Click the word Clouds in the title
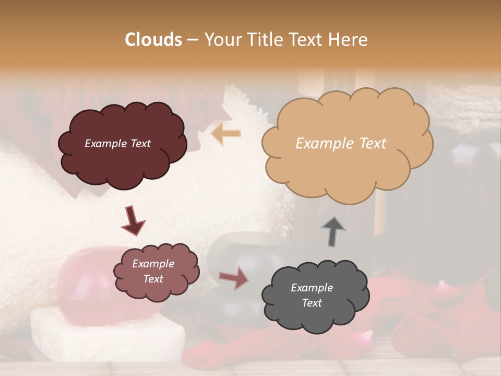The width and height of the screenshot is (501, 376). point(153,40)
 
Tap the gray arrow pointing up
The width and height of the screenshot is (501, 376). point(333,231)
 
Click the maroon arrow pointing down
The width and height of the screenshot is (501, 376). point(133,220)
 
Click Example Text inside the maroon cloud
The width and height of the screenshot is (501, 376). point(117,144)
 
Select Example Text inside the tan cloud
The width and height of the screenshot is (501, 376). point(341,144)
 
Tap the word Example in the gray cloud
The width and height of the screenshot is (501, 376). point(312,288)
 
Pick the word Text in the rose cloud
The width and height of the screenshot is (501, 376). point(153,279)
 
